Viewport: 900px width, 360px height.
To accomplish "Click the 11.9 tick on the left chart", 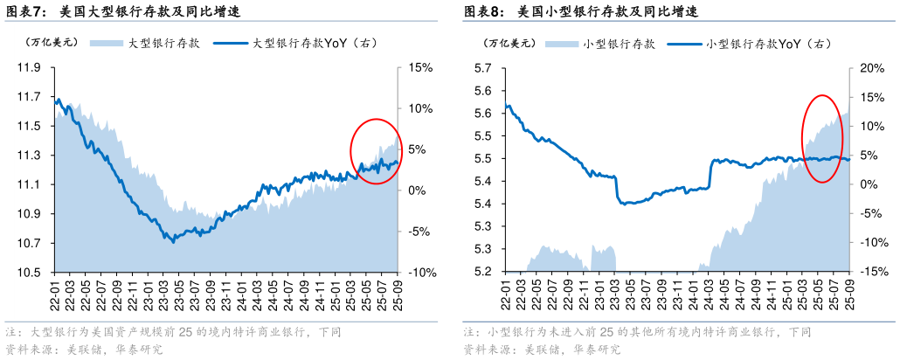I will coord(31,67).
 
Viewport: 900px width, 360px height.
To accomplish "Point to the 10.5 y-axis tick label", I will coord(31,272).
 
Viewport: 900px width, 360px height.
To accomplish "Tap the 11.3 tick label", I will coord(31,156).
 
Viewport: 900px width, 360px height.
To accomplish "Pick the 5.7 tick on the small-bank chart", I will coord(482,67).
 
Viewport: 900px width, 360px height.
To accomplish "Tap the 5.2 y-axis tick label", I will coord(482,272).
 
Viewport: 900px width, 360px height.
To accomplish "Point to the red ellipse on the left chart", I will coord(377,151).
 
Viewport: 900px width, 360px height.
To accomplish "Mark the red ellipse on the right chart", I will coord(822,138).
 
